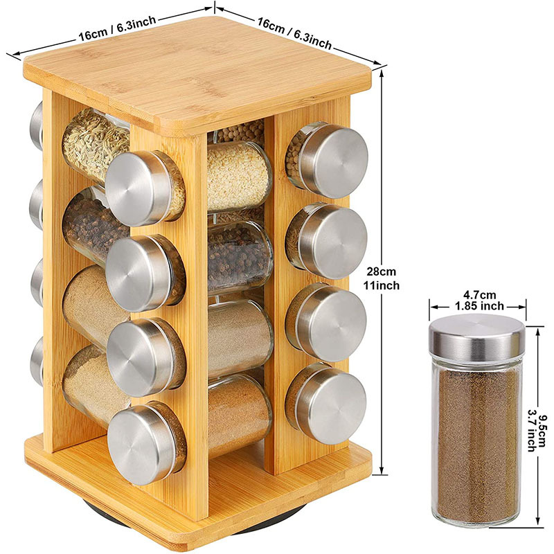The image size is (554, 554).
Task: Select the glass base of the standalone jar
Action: (x=476, y=516)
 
